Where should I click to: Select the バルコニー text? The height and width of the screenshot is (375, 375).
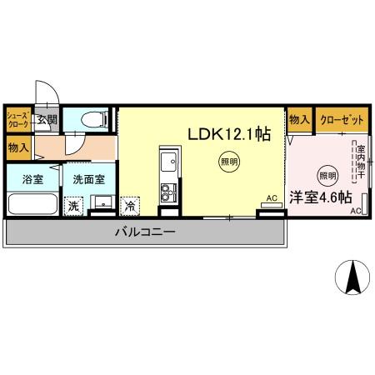[x=145, y=232]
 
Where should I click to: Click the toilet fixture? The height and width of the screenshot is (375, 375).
[x=92, y=118]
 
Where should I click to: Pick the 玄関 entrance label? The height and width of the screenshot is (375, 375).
[x=47, y=119]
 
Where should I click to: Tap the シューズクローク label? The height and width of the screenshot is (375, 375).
[x=18, y=118]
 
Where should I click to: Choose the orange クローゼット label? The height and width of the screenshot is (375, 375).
[x=342, y=120]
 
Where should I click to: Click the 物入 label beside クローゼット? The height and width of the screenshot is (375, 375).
[x=299, y=120]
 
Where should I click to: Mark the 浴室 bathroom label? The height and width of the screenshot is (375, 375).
[x=32, y=178]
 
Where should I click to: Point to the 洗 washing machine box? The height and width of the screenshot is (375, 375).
[x=73, y=205]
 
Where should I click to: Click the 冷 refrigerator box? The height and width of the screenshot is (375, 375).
[x=130, y=204]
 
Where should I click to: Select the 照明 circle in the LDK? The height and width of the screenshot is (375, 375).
[x=227, y=161]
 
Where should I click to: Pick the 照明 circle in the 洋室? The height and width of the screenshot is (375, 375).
[x=327, y=175]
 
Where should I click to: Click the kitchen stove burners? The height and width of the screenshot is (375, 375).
[x=168, y=192]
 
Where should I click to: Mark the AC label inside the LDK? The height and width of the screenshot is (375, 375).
[x=271, y=198]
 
